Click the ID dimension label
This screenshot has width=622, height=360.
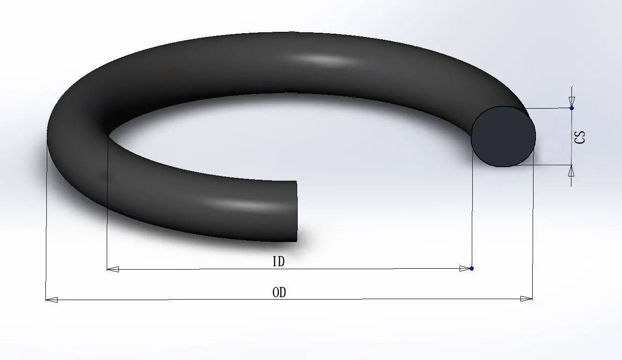pos(278,261)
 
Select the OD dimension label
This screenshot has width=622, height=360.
pos(279,293)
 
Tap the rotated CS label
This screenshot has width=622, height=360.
pos(580,137)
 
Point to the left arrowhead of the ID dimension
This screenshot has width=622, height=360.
pos(113,269)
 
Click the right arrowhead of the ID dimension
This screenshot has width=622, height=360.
pos(464,268)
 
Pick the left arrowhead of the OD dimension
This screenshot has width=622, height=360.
pos(51,300)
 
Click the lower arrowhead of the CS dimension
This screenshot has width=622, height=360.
pos(571,171)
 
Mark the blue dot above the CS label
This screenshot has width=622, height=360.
pos(571,108)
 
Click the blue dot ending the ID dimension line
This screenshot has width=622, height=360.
pos(471,268)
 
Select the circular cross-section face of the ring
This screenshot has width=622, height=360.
pos(503,136)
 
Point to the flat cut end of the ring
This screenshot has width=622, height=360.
pos(296,211)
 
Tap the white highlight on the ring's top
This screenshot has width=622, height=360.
pos(323,59)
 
